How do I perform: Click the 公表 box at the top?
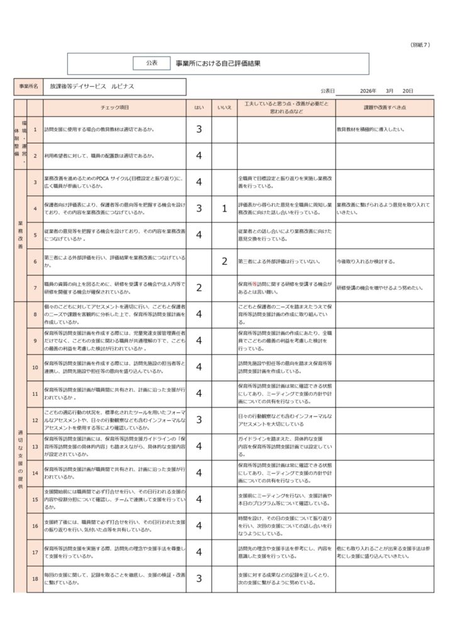[151, 63]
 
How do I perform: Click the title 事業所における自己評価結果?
[217, 64]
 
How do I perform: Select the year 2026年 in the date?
[368, 91]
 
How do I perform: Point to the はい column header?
[199, 108]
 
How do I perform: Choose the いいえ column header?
[224, 108]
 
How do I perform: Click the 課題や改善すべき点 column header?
[384, 108]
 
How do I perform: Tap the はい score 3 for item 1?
[199, 130]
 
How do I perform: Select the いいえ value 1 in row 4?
[224, 209]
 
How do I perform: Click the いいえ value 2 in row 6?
[224, 261]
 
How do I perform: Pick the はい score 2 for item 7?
[199, 287]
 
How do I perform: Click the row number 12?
[35, 419]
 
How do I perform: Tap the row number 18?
[35, 579]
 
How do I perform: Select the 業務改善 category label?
[20, 235]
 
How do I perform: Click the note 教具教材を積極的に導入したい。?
[370, 130]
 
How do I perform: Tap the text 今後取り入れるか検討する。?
[366, 261]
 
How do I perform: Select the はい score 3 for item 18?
[199, 579]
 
